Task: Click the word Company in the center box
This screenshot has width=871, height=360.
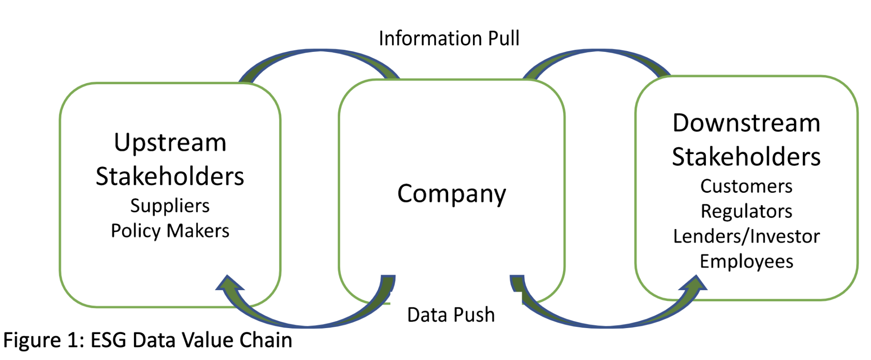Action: [452, 194]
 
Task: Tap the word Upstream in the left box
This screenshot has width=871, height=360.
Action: [170, 143]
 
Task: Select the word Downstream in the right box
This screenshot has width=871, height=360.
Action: [746, 123]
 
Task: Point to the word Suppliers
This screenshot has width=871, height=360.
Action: [170, 206]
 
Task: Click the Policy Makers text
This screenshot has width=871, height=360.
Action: [170, 231]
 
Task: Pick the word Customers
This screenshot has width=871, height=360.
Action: [746, 186]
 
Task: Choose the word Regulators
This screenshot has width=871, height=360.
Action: [746, 211]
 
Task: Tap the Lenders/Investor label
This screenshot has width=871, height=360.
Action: [746, 236]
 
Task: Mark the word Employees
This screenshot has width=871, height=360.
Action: [746, 261]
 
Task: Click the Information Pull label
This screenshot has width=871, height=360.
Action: [449, 38]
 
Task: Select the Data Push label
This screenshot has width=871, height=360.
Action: [451, 315]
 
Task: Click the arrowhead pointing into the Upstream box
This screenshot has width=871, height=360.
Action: [230, 283]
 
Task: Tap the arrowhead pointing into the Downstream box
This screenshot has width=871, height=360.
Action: [693, 284]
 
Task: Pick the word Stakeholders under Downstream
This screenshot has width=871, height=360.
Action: [746, 157]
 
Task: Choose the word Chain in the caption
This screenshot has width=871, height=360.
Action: [266, 340]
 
